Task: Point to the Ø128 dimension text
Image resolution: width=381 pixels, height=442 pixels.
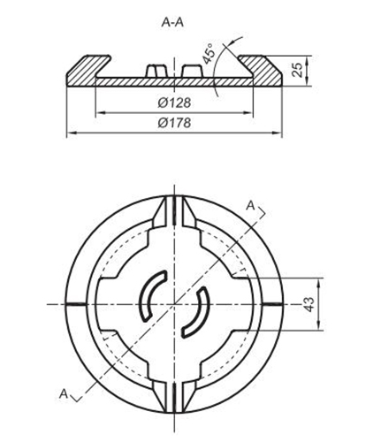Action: pos(175,103)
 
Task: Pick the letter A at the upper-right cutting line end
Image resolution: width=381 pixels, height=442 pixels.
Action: pos(252,206)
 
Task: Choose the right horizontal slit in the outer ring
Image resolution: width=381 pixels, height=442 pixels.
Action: pos(273,304)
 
